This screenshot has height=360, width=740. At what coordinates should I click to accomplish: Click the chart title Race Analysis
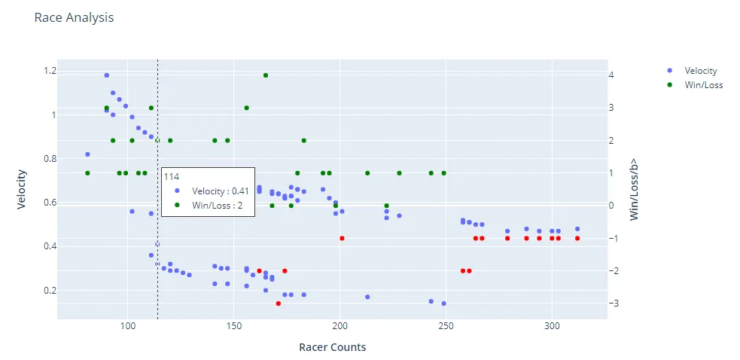click(74, 17)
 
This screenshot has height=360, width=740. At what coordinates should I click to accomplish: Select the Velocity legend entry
click(700, 71)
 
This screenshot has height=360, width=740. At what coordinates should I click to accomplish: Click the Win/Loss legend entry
click(703, 85)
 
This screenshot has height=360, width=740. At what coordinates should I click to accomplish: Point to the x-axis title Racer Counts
click(332, 347)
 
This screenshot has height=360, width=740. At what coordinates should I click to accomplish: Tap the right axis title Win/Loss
click(634, 188)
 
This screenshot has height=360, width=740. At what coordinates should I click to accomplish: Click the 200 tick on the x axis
click(340, 328)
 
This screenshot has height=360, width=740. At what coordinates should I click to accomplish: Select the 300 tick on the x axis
click(552, 328)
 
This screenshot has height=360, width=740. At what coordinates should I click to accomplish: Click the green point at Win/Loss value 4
click(266, 75)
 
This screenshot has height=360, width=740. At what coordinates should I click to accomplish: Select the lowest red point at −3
click(279, 304)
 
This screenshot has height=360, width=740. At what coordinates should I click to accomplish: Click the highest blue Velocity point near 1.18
click(107, 75)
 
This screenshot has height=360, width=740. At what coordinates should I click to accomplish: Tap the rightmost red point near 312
click(577, 238)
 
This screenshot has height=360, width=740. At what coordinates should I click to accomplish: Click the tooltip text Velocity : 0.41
click(220, 191)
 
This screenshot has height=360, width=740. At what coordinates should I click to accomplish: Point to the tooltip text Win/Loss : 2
click(217, 205)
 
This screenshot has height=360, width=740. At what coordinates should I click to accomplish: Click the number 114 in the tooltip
click(172, 177)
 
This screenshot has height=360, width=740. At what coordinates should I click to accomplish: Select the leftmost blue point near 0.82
click(87, 154)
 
